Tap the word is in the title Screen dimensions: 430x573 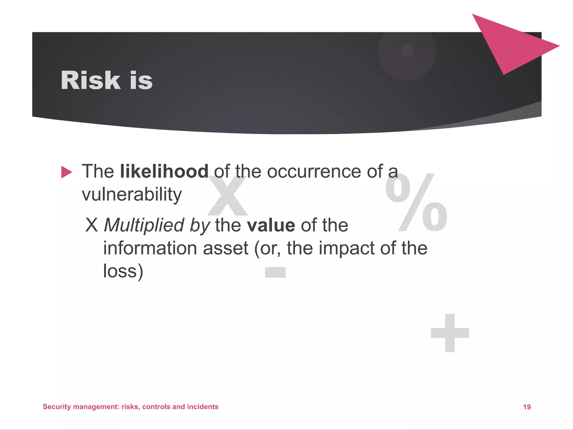pyautogui.click(x=141, y=81)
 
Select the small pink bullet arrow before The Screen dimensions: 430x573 pyautogui.click(x=66, y=172)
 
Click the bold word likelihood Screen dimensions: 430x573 pyautogui.click(x=164, y=171)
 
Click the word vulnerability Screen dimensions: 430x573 pyautogui.click(x=132, y=194)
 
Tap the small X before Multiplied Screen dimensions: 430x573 pyautogui.click(x=92, y=225)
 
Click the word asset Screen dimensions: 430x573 pyautogui.click(x=226, y=248)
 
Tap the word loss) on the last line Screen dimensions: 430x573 pyautogui.click(x=123, y=271)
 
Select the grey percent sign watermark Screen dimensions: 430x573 pyautogui.click(x=416, y=203)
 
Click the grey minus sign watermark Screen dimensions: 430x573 pyautogui.click(x=275, y=272)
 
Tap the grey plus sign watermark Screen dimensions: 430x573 pyautogui.click(x=450, y=333)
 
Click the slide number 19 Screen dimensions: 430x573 pyautogui.click(x=527, y=407)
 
